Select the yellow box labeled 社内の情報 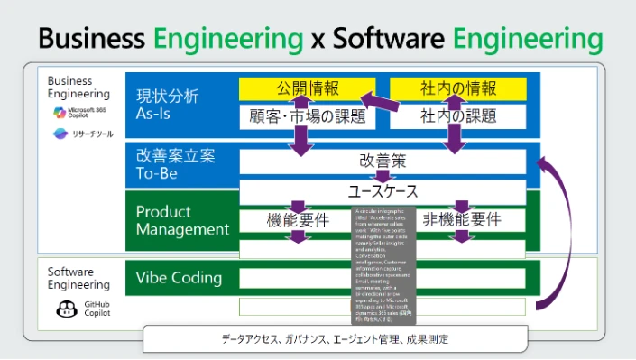pos(457,88)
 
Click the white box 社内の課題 pos(457,115)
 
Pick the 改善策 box pos(383,161)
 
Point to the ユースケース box pos(383,191)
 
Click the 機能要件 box pos(298,219)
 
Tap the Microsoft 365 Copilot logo pos(60,113)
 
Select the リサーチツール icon pos(60,134)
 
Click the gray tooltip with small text pos(383,266)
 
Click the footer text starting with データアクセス pos(335,339)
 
